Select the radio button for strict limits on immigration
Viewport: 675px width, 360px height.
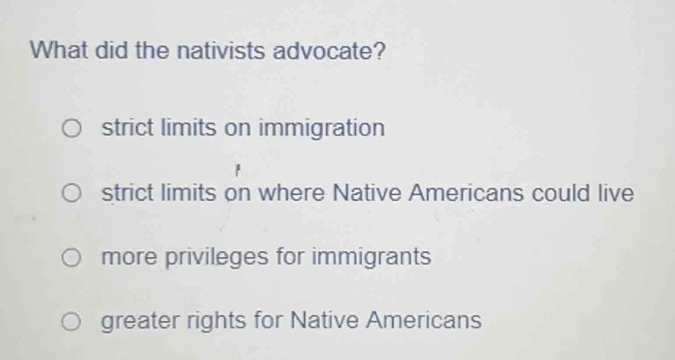point(71,129)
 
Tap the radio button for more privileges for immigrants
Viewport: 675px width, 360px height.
point(71,258)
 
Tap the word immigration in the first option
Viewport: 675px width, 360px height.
point(322,128)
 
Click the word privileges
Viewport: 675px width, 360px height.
point(217,257)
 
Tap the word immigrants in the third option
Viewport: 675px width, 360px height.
point(371,257)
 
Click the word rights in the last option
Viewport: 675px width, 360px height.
point(216,321)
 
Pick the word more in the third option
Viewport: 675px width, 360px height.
point(129,257)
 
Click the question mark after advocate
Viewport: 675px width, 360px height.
point(379,51)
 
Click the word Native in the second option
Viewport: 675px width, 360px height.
point(367,193)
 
